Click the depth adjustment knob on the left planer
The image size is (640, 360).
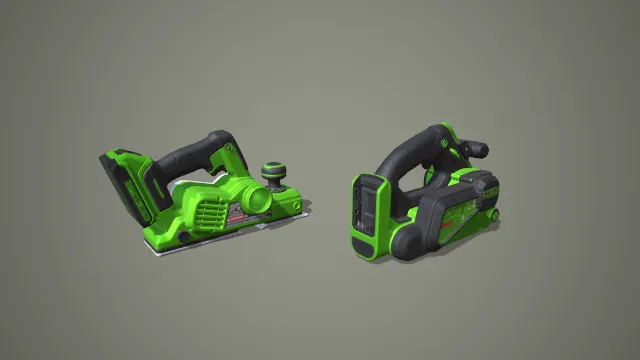point(272,171)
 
